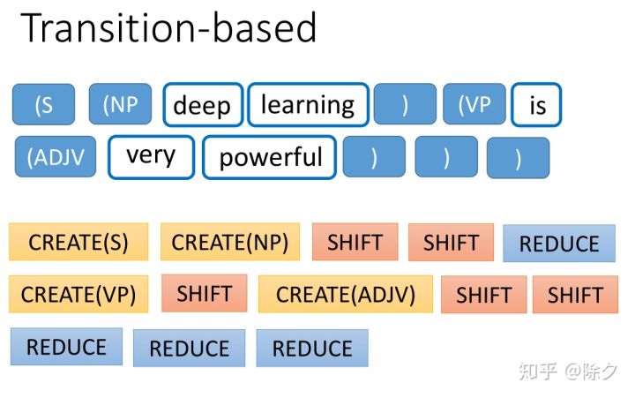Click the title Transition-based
[168, 29]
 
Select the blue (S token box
[43, 104]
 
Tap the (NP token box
[120, 104]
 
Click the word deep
[202, 105]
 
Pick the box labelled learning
[308, 104]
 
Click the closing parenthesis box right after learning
[405, 104]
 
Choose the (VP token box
[474, 104]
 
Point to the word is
[536, 105]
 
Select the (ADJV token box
[56, 157]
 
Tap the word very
[151, 156]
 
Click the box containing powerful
[270, 157]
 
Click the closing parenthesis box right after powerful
[374, 157]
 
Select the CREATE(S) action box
[78, 242]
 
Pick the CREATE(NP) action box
[230, 242]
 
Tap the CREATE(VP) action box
[78, 294]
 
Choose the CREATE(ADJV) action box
[346, 294]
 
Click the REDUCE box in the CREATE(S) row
[559, 244]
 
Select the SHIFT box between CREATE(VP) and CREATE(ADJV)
[204, 293]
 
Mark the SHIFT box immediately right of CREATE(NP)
[355, 242]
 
